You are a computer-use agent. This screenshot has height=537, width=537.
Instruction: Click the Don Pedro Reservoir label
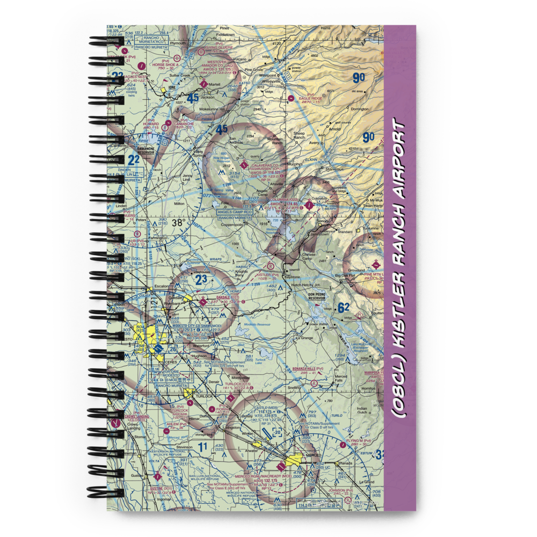tap(316, 296)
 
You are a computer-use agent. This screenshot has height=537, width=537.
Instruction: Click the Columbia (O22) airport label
tap(285, 199)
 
